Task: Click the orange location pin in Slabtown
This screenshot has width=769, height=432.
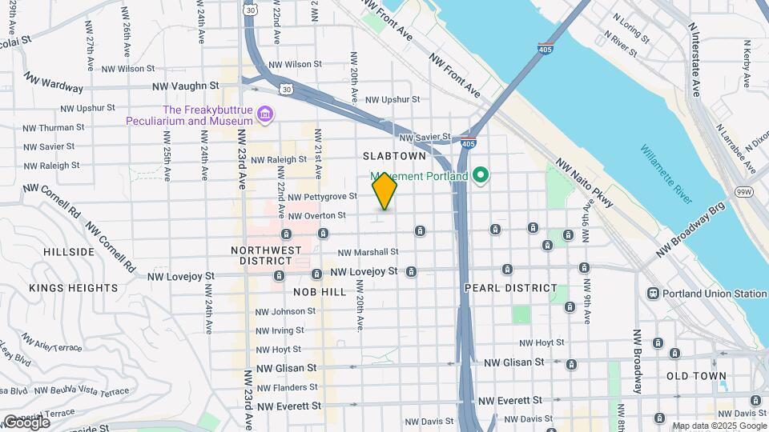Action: pyautogui.click(x=384, y=190)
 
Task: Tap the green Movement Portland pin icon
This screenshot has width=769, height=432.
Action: pyautogui.click(x=481, y=174)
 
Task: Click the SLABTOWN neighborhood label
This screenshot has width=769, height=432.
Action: pyautogui.click(x=394, y=156)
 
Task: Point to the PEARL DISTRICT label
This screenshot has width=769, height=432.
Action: pyautogui.click(x=510, y=288)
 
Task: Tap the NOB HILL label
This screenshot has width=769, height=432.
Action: pyautogui.click(x=320, y=292)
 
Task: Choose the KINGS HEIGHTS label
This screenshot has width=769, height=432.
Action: pyautogui.click(x=74, y=288)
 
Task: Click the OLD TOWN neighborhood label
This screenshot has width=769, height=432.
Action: pyautogui.click(x=696, y=375)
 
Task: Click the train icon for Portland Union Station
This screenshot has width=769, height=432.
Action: pyautogui.click(x=654, y=294)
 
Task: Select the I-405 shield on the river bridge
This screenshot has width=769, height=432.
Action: pyautogui.click(x=546, y=47)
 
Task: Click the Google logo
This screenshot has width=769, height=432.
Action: pyautogui.click(x=26, y=422)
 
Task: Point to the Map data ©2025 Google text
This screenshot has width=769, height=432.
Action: pyautogui.click(x=719, y=426)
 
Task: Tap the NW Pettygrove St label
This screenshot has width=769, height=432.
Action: pyautogui.click(x=322, y=196)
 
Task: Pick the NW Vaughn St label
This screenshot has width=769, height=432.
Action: pyautogui.click(x=186, y=86)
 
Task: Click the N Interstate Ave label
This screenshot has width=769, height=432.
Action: pyautogui.click(x=695, y=59)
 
